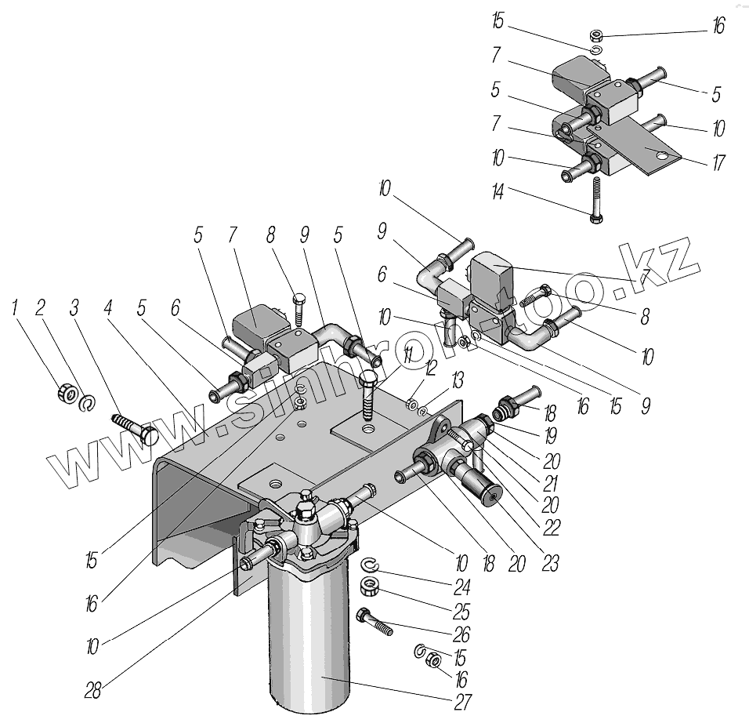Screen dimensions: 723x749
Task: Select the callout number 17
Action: [719, 163]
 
